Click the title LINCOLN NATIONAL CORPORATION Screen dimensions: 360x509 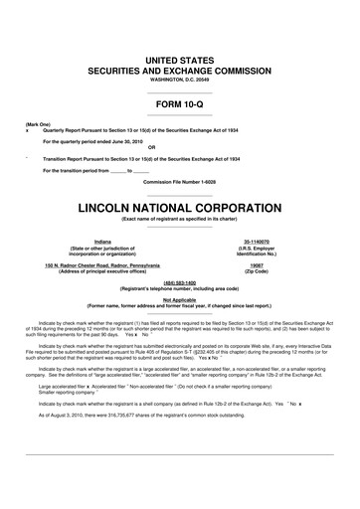pyautogui.click(x=179, y=210)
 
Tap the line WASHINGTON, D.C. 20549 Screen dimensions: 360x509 pyautogui.click(x=179, y=79)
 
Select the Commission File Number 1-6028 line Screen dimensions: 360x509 pyautogui.click(x=179, y=181)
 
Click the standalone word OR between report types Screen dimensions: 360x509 pyautogui.click(x=179, y=148)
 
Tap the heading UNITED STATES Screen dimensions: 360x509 pyautogui.click(x=179, y=61)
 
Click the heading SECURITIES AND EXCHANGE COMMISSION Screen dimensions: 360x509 pyautogui.click(x=179, y=71)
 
